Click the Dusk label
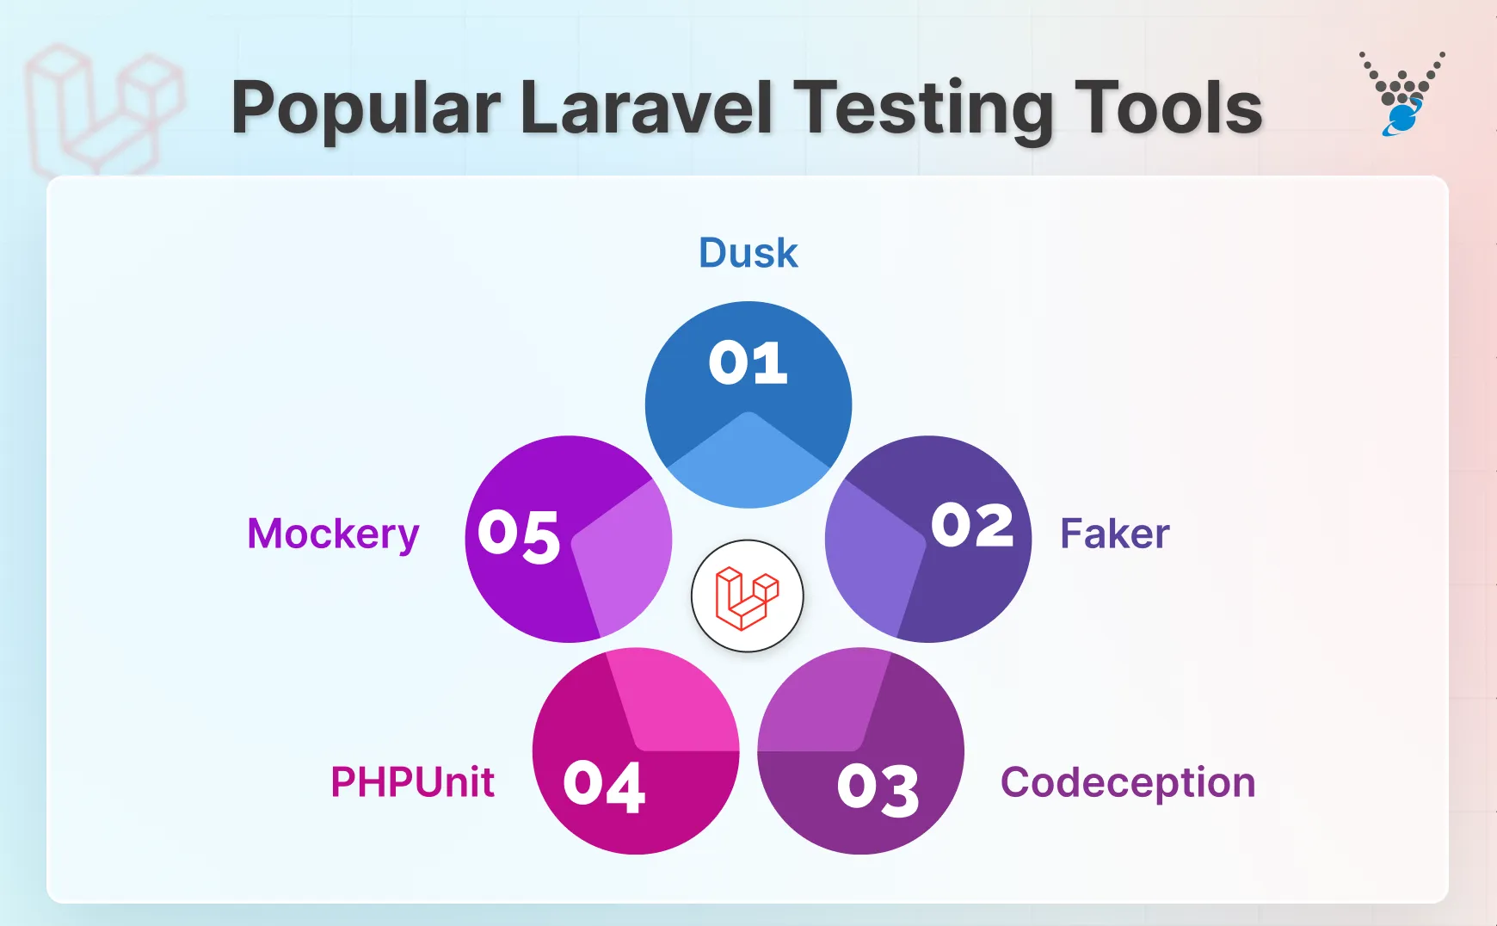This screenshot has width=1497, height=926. coord(748,253)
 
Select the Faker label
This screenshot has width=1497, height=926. coord(1114,534)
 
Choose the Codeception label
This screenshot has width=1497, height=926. coord(1127,782)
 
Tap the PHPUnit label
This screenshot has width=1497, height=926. coord(413,782)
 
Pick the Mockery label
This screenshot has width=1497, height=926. coord(333,534)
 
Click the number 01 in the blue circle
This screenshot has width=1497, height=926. coord(748,363)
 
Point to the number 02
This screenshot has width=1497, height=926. coord(972,525)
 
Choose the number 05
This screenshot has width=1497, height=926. coord(519,535)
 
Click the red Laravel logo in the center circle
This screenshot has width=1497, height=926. coord(747,596)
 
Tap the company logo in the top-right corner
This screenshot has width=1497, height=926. coord(1402,93)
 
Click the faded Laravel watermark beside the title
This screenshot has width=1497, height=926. coord(103,108)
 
